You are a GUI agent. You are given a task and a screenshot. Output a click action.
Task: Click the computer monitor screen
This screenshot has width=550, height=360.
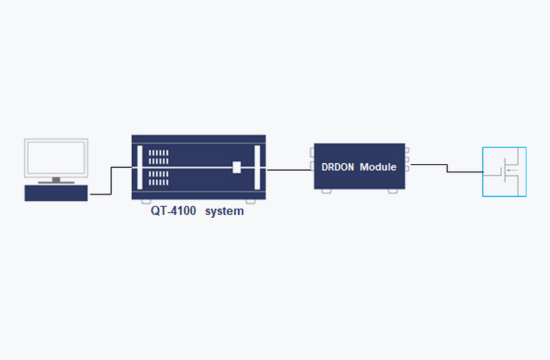(x=56, y=158)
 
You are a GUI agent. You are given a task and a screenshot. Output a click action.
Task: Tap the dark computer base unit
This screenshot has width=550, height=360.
(x=56, y=192)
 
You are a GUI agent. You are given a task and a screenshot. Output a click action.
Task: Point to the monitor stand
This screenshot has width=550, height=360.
(x=56, y=180)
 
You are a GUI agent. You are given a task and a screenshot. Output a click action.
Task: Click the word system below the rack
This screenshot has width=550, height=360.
(x=224, y=211)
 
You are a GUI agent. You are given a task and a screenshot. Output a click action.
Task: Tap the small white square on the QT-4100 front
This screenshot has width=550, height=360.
(x=237, y=167)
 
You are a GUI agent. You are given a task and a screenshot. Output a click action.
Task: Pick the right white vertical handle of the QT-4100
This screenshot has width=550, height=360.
(x=257, y=168)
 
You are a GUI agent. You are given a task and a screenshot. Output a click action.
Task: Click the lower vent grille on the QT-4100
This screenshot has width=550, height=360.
(x=159, y=177)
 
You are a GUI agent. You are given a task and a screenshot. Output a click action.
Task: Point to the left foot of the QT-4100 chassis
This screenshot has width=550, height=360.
(x=145, y=201)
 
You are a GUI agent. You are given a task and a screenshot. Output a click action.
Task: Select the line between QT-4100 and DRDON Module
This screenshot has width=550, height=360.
(x=290, y=170)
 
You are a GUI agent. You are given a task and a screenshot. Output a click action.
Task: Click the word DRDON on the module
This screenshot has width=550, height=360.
(x=338, y=167)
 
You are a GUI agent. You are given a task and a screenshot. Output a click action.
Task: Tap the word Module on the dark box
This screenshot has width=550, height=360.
(x=378, y=167)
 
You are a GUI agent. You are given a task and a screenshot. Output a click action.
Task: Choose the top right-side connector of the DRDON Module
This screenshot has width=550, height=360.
(x=407, y=151)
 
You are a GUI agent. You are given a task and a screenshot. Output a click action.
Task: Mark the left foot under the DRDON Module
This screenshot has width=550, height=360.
(x=326, y=191)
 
